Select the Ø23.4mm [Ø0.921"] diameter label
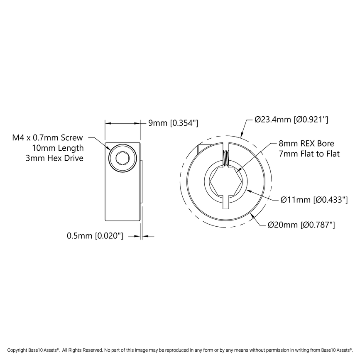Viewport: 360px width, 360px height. point(291,120)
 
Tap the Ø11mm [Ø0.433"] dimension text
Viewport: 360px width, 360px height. point(313,200)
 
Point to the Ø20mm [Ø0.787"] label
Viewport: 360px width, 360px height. point(301,225)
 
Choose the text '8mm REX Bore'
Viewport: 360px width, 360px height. point(306,144)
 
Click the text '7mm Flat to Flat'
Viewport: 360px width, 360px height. point(309,154)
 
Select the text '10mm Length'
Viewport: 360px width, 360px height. point(58,148)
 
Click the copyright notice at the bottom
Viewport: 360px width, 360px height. point(180,350)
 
